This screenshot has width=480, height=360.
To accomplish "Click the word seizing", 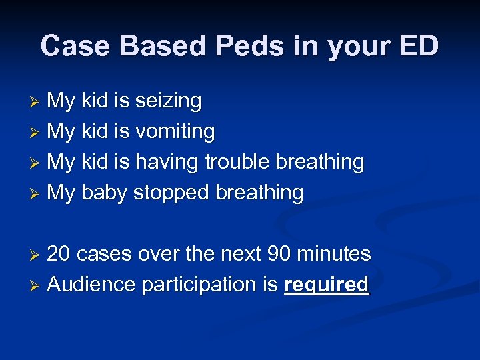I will click(x=168, y=101).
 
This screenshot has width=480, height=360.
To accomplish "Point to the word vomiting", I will click(x=175, y=132).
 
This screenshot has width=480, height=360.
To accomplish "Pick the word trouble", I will click(x=237, y=162).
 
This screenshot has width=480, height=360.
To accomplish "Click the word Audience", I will click(x=91, y=285).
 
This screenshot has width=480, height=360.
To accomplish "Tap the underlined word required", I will click(x=326, y=285).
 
